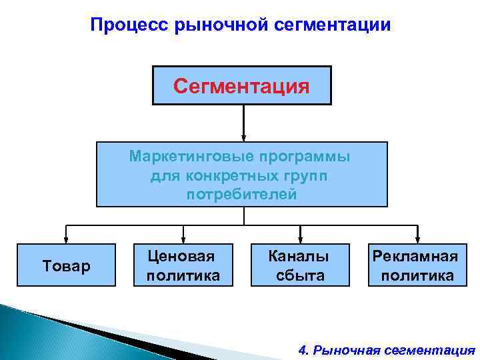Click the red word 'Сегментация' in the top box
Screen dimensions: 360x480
coord(241,86)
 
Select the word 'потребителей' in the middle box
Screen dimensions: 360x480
coord(241,194)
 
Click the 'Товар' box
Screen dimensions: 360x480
coord(66,266)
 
